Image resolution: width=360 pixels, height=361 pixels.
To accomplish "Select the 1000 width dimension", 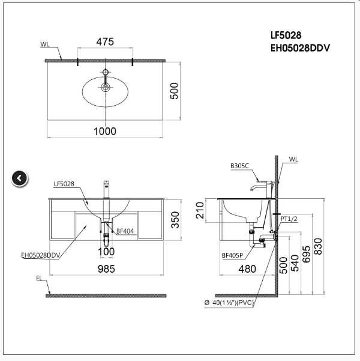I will (105, 130).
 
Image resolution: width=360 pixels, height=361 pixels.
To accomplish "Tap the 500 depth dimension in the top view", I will (175, 91).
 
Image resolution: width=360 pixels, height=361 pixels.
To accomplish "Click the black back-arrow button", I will (19, 178).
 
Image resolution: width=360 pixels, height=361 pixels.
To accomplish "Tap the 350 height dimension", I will (175, 220).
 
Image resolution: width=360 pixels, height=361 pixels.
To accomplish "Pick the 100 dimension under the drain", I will (106, 251).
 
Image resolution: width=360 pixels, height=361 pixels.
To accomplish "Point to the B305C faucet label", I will (239, 165).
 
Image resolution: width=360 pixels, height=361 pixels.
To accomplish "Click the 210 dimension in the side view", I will (200, 210).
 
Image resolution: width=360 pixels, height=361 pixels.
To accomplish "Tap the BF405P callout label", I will (232, 255).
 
